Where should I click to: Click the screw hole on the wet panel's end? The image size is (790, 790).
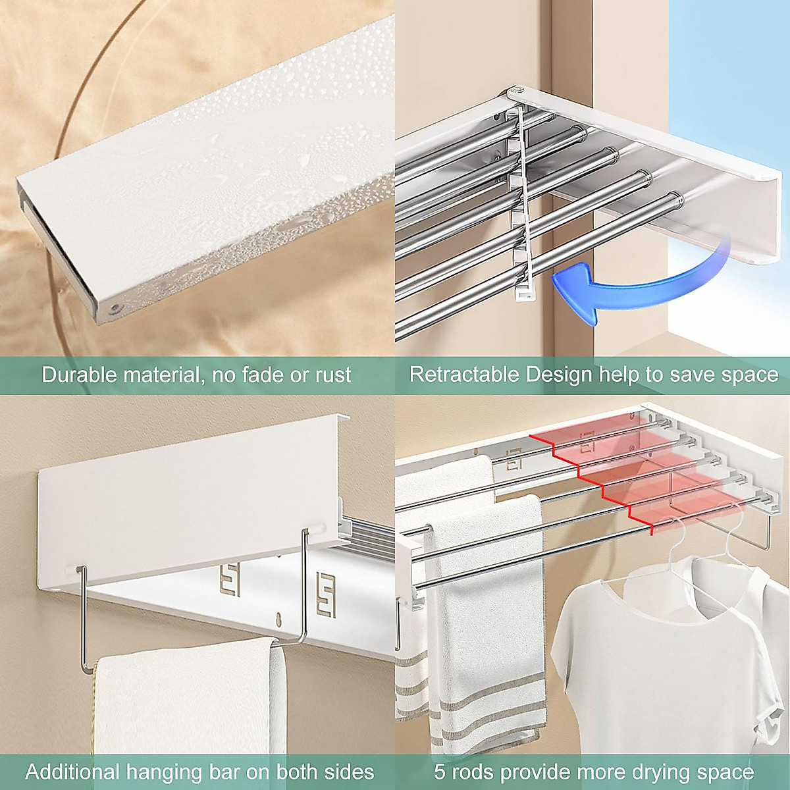click(116, 307)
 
